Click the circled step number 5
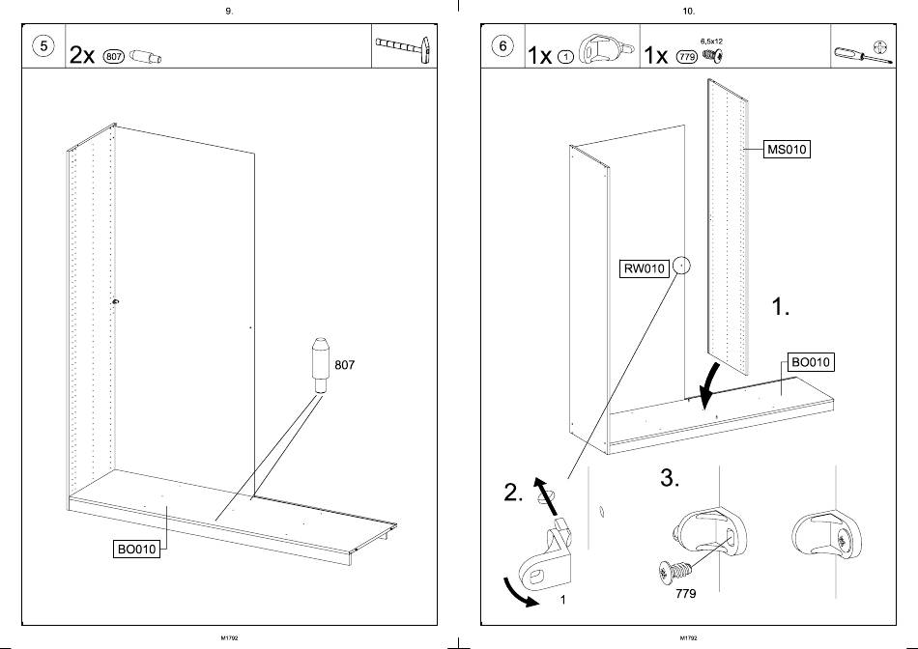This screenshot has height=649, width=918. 43,45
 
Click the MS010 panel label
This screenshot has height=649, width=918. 786,150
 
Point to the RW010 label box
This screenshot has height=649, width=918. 644,268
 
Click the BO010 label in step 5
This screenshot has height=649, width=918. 136,549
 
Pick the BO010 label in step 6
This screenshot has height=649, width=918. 810,362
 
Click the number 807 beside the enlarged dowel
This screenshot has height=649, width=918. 346,365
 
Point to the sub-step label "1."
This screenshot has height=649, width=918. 780,307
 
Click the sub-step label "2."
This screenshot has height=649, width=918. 514,493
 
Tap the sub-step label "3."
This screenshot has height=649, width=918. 672,478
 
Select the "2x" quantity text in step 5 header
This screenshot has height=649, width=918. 82,55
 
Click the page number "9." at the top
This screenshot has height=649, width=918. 228,11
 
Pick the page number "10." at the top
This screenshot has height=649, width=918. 688,11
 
